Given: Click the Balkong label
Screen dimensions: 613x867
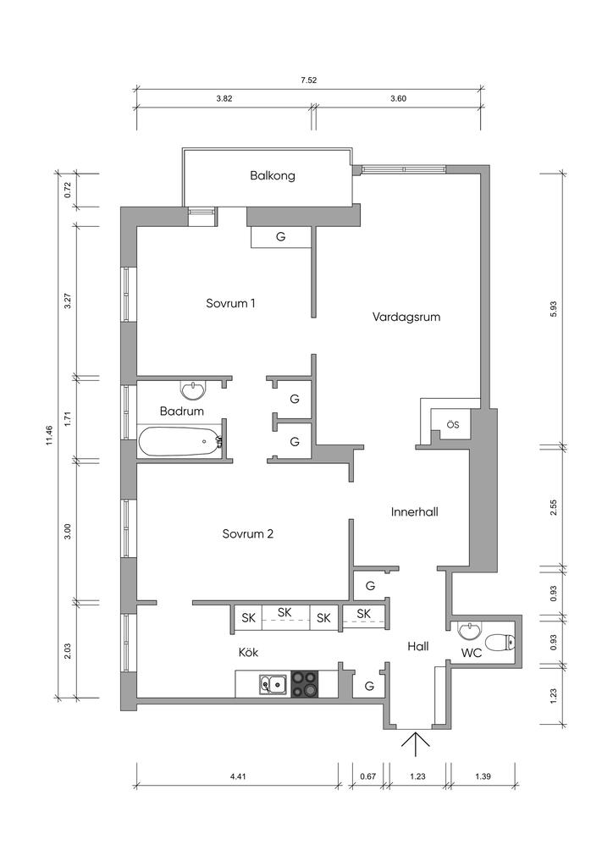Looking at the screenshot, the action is click(x=273, y=176).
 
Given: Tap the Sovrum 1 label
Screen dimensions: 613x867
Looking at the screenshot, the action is click(x=230, y=304).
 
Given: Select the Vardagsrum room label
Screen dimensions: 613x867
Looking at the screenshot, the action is click(x=406, y=318).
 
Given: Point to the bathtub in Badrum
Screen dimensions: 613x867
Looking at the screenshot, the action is click(x=180, y=442).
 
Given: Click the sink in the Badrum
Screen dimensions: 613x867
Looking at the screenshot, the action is click(x=193, y=389).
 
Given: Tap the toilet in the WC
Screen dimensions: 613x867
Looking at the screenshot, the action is click(x=500, y=642).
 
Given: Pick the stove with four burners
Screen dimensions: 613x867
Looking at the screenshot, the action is click(x=306, y=683).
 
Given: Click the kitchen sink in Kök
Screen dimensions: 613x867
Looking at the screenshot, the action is click(x=273, y=684).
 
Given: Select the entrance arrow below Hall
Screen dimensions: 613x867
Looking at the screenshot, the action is click(x=416, y=743).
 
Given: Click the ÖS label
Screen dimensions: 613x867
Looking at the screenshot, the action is click(x=453, y=425).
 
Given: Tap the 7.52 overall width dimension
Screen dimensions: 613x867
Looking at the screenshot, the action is click(x=308, y=80).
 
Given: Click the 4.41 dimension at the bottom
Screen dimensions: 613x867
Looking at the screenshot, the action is click(x=238, y=776).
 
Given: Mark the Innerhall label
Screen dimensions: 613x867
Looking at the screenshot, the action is click(x=415, y=512).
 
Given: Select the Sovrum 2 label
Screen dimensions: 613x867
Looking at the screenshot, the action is click(x=248, y=534).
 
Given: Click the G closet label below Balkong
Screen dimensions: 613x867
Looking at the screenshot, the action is click(x=281, y=237).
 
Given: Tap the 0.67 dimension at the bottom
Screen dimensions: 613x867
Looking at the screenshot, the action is click(x=367, y=776).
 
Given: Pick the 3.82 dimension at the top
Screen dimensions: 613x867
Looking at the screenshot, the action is click(x=224, y=99).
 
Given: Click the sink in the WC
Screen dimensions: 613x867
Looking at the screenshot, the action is click(x=469, y=629).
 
